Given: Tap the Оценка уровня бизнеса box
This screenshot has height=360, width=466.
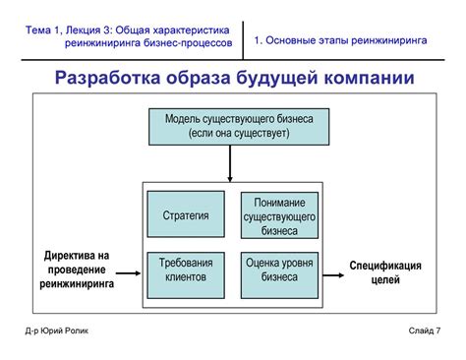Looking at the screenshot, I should point(279,270).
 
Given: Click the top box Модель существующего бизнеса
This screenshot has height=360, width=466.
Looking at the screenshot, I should point(240,125).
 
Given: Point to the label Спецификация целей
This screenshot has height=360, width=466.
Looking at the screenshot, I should point(385,272).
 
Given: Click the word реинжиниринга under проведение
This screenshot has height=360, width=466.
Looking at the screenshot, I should point(77,283).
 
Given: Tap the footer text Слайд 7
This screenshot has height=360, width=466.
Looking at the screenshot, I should point(425,330).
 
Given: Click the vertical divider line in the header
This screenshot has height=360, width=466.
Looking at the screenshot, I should point(242,39).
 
